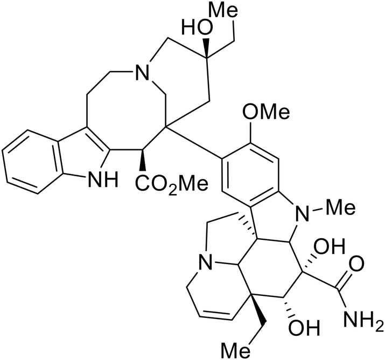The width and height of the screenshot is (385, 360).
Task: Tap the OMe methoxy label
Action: coord(265,114)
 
